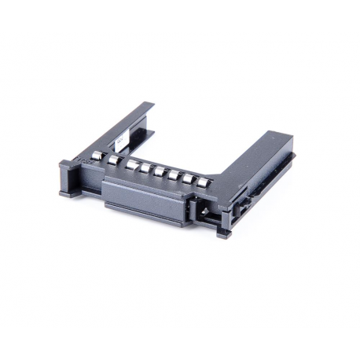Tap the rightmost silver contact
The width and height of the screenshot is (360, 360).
tap(203, 183)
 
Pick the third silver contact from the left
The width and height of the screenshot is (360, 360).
tap(134, 165)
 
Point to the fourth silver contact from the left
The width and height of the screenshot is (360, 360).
tap(146, 168)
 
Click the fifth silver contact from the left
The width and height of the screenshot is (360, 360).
tap(160, 172)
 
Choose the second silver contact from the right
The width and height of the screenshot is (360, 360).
tap(189, 179)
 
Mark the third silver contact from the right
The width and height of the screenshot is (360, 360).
tap(173, 175)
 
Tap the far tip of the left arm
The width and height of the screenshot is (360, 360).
tap(149, 106)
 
